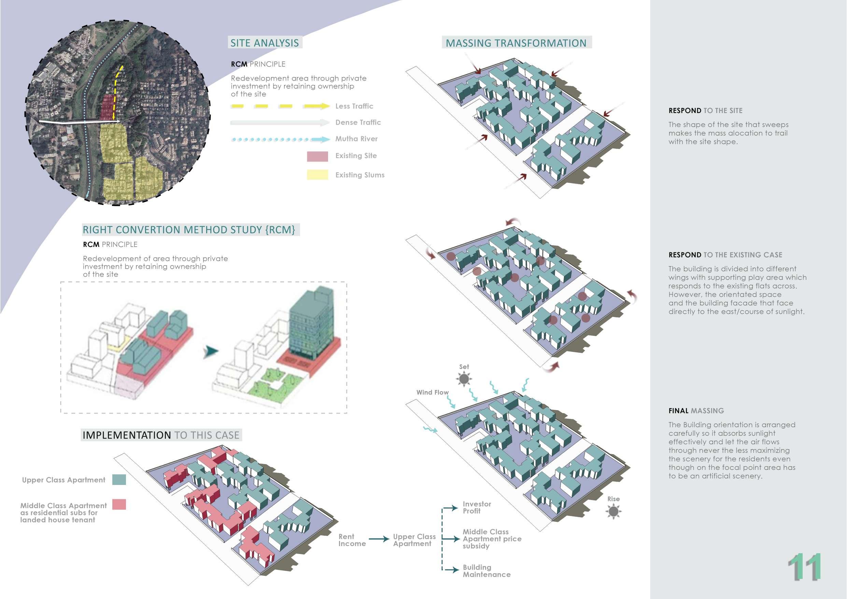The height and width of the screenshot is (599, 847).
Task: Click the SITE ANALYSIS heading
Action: point(265,43)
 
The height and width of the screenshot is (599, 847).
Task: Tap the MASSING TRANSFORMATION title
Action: point(516,43)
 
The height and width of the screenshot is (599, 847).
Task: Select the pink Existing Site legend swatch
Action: point(317,156)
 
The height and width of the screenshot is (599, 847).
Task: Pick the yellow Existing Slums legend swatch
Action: point(317,175)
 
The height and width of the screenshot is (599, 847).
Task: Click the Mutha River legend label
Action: point(356,139)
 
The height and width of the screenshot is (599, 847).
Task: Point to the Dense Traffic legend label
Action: point(358,122)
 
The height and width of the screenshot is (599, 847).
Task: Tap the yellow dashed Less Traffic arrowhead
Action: point(325,106)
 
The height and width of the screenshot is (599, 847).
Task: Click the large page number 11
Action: point(804,567)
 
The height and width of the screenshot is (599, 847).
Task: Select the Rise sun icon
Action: point(613,511)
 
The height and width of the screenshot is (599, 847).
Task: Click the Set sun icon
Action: point(464,378)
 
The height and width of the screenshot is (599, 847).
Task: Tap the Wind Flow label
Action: point(432,392)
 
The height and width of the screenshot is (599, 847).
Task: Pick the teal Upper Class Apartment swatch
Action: point(119,479)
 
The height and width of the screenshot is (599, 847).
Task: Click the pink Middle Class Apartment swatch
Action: point(119,504)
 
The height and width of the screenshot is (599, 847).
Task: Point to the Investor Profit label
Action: point(477,507)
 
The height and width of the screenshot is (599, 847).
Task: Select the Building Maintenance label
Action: point(486,571)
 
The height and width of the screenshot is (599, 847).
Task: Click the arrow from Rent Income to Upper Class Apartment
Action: point(379,539)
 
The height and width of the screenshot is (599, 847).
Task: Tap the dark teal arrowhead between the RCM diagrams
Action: point(211,351)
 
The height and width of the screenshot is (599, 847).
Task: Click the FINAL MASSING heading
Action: point(696,410)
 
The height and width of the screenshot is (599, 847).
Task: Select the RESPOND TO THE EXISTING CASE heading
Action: point(725,255)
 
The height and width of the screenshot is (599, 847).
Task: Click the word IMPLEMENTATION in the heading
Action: point(127,435)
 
